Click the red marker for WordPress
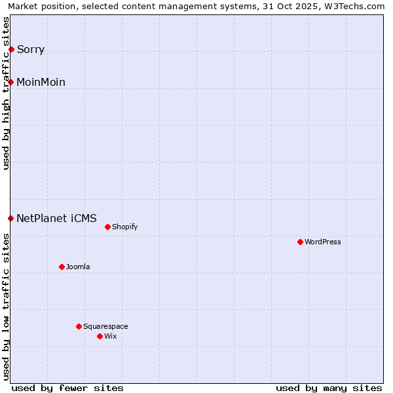(301, 242)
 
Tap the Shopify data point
(108, 227)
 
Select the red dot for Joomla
(62, 267)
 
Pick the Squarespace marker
(79, 326)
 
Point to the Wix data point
(100, 336)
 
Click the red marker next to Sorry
(11, 49)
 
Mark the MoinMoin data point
(11, 82)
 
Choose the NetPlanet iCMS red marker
(11, 218)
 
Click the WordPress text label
(323, 242)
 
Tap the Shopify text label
(124, 227)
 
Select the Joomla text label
(78, 267)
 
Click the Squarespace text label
(105, 326)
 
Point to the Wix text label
(110, 336)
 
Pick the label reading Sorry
(31, 50)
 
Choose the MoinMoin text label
(41, 83)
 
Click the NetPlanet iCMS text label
(56, 219)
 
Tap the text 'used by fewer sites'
(67, 388)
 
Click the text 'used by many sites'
(329, 388)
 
